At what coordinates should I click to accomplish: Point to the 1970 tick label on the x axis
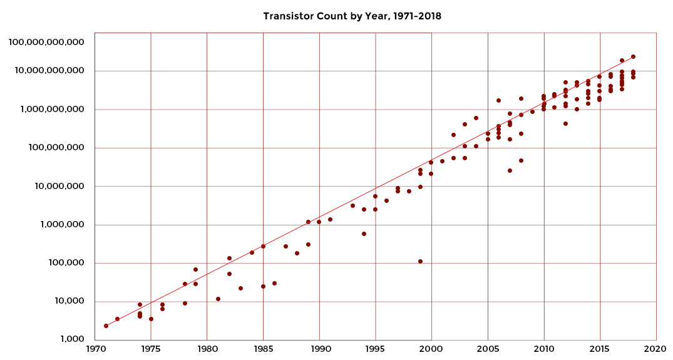coord(95,349)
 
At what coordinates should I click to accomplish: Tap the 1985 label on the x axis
coord(263,349)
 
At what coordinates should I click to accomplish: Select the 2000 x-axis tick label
coord(432,349)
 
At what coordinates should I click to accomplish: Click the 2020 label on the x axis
coord(656,349)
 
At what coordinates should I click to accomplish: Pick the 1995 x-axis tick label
coord(376,349)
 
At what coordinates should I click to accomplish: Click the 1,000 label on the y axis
coord(73,339)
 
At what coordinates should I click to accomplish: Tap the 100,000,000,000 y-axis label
coord(46,42)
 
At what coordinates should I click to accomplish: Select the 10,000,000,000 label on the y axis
coord(49,70)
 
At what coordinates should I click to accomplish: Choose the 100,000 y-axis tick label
coord(66,262)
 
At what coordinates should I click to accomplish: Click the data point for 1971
coord(106,326)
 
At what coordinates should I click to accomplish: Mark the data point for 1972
coord(117,319)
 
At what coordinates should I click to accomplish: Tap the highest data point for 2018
coord(633,56)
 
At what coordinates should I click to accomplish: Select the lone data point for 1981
coord(218,299)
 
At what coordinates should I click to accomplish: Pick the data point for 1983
coord(240,289)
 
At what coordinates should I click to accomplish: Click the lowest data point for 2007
coord(510,170)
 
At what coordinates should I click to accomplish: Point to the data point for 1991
coord(330,219)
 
